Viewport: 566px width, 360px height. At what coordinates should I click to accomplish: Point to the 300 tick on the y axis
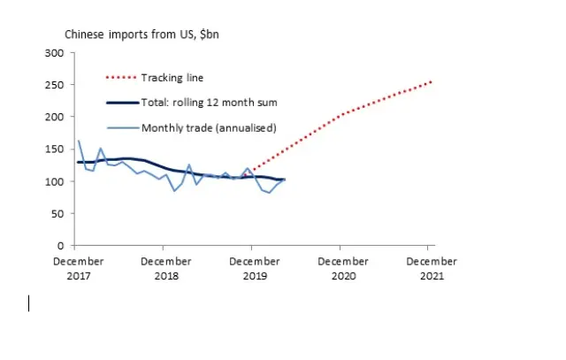55,53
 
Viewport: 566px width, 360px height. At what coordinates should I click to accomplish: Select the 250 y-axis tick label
55,85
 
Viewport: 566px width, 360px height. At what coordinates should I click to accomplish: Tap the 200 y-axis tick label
55,117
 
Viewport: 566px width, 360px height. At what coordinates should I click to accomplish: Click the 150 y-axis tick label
55,149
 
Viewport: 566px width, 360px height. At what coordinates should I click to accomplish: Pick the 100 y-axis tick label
55,181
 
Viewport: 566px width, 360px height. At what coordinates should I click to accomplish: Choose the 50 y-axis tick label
57,213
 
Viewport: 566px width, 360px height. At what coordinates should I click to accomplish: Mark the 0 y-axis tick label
60,245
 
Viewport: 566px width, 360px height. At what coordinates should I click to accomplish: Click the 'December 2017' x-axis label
79,268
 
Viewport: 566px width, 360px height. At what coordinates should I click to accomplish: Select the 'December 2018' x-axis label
166,268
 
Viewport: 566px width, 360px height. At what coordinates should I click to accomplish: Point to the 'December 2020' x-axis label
342,268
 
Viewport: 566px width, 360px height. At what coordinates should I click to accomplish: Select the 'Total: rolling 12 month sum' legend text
210,103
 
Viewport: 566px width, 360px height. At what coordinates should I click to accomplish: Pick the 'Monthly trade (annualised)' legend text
208,127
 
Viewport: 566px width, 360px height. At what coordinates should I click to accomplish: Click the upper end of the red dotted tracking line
431,81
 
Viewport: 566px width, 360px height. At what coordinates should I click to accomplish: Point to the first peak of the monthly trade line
79,141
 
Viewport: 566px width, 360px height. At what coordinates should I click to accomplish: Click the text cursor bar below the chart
29,303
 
